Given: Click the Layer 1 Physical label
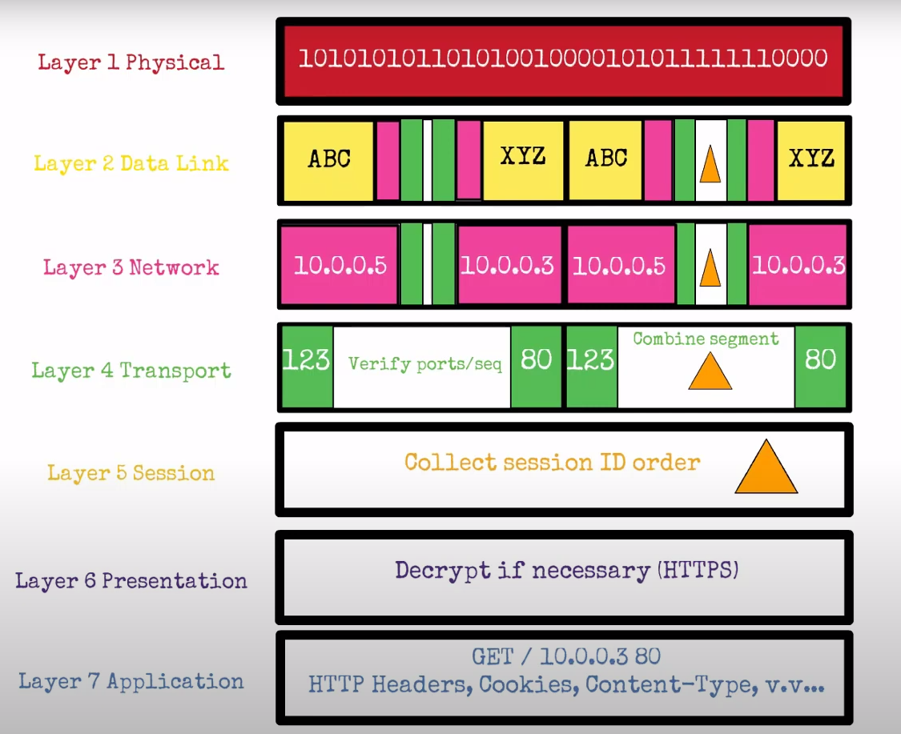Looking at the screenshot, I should tap(131, 62).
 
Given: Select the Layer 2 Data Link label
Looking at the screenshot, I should tap(131, 163).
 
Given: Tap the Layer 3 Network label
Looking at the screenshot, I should tap(131, 267).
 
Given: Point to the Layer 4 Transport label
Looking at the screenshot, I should tap(131, 371).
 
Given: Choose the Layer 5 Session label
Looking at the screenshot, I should tap(131, 473).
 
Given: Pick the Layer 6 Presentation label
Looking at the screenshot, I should tap(131, 580).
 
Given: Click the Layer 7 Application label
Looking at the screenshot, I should tap(131, 681).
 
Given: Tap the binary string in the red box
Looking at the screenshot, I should tap(563, 58).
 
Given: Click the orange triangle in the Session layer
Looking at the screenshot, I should tap(766, 468).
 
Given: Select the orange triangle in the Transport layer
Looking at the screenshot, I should tap(710, 373).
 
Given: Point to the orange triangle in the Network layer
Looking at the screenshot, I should tap(710, 269).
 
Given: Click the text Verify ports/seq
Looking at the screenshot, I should tap(425, 364).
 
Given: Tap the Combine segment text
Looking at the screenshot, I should tap(706, 339).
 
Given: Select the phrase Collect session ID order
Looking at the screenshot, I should tap(552, 463).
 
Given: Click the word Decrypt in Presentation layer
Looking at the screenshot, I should tap(438, 571).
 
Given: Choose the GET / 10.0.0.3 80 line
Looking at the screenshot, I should tap(566, 657).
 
